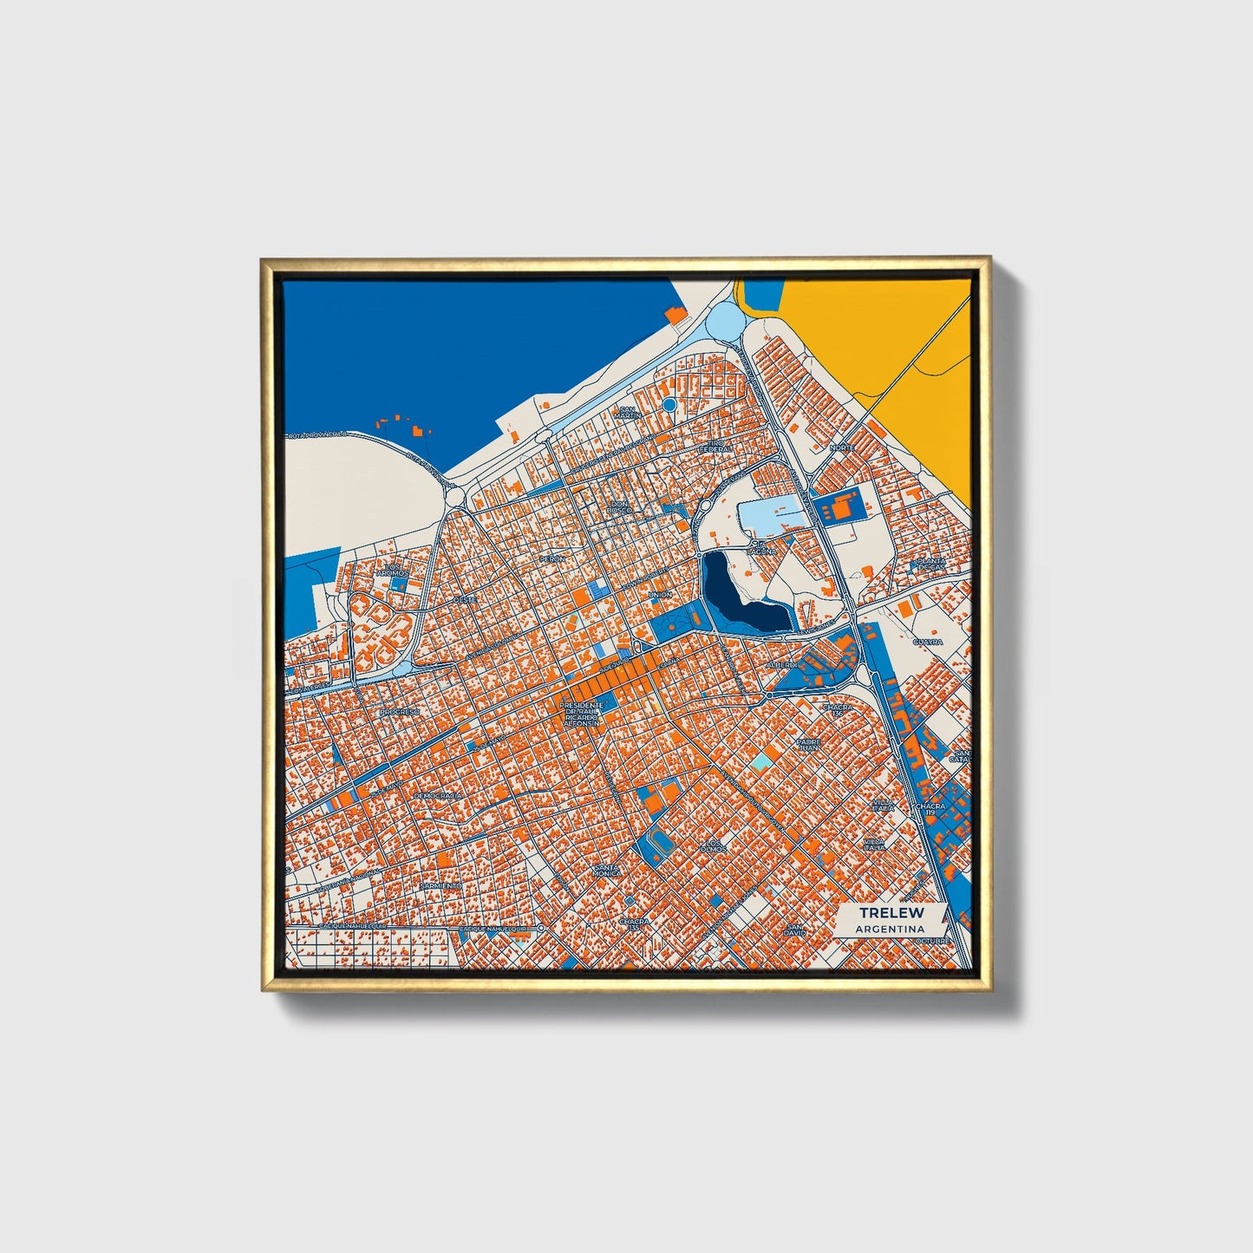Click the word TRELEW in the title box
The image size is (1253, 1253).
891,912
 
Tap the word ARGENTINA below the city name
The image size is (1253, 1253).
890,929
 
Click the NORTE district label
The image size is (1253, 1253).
842,447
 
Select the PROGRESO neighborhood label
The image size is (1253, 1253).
399,711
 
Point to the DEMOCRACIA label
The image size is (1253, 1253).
438,794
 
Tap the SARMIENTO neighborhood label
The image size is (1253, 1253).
437,886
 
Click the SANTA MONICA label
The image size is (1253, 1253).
607,870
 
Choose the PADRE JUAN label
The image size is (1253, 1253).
810,744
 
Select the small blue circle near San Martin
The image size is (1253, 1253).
669,404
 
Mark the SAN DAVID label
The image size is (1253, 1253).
795,929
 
